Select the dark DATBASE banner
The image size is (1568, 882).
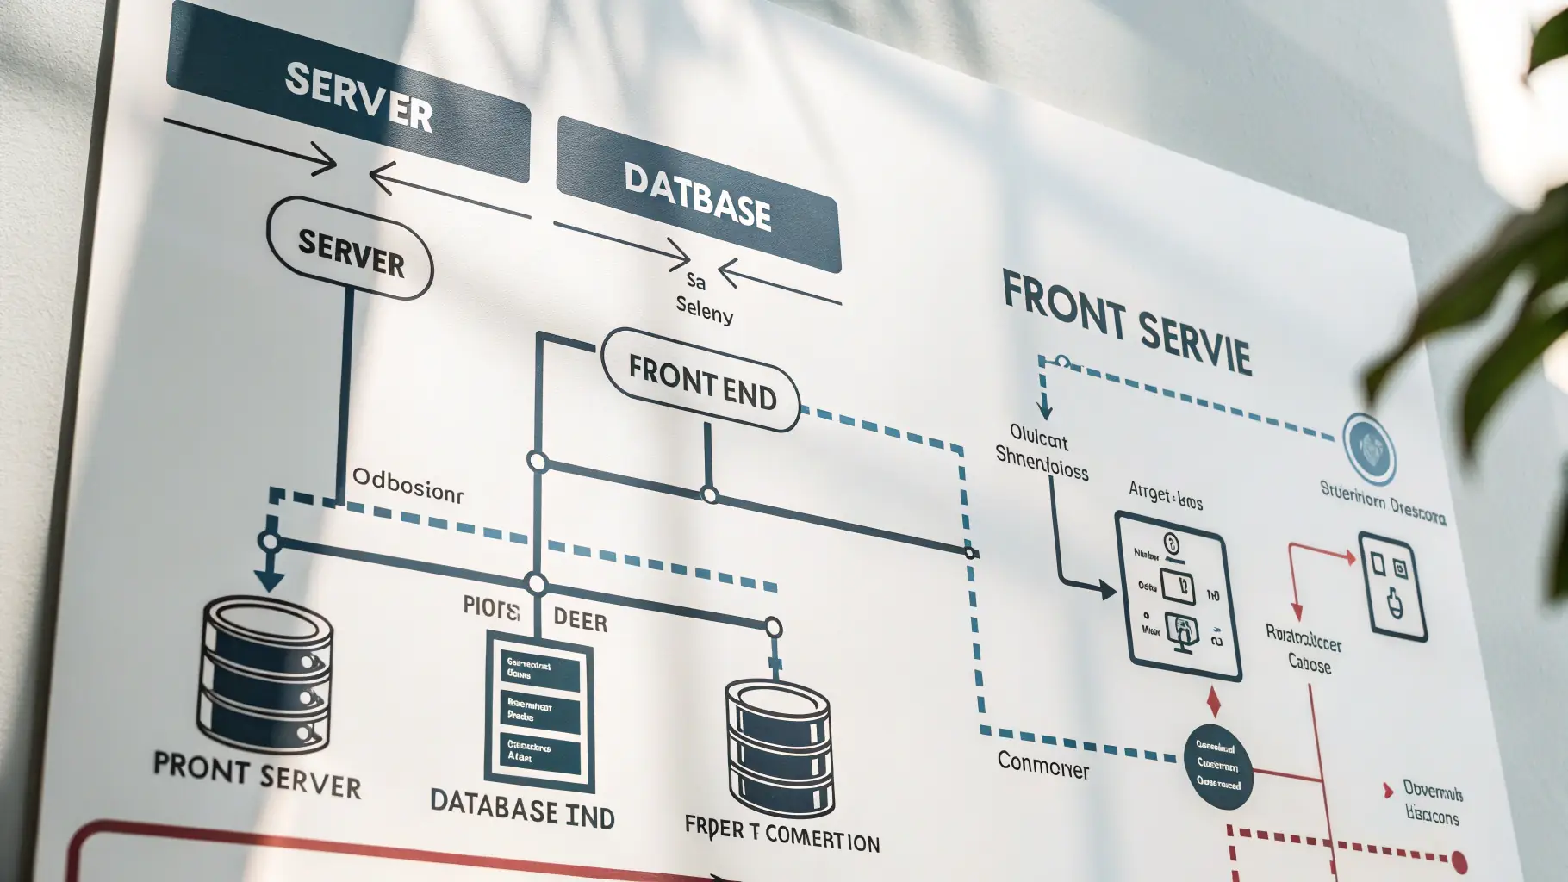click(698, 195)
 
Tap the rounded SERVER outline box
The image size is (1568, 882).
click(351, 250)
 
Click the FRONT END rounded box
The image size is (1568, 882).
click(701, 381)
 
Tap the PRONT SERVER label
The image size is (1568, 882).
click(257, 773)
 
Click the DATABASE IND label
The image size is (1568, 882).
click(522, 811)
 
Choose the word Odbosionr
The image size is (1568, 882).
click(408, 486)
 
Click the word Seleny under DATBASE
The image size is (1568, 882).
click(704, 308)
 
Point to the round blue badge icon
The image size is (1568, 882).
click(1370, 449)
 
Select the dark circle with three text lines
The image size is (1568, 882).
click(1217, 766)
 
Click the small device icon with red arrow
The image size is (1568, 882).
click(1392, 586)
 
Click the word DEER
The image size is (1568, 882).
click(580, 620)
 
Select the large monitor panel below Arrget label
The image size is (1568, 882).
click(1178, 593)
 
